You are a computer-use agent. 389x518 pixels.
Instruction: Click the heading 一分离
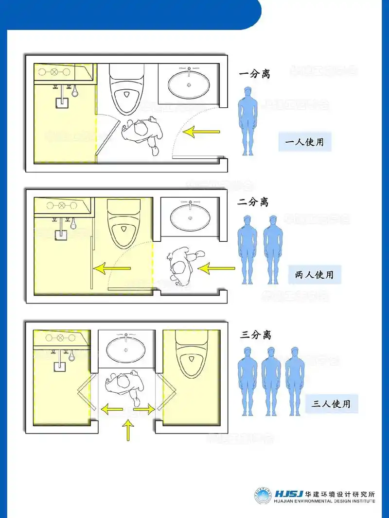(254, 74)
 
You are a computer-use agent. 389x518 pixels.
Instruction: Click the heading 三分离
(255, 335)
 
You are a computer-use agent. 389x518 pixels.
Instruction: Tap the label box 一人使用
(305, 142)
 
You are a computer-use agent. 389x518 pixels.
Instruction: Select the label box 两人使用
(315, 275)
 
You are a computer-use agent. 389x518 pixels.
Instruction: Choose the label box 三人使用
(332, 403)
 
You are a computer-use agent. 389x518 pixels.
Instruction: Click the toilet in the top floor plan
(126, 88)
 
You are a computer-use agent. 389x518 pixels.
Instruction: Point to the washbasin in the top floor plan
(189, 85)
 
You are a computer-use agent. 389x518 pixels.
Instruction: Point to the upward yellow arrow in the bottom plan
(128, 430)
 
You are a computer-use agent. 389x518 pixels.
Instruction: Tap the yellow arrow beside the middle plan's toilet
(112, 268)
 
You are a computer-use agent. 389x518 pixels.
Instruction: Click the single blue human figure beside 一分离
(248, 121)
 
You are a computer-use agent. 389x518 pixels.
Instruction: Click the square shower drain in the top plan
(62, 102)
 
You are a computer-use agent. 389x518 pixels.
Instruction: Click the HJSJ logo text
(289, 494)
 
